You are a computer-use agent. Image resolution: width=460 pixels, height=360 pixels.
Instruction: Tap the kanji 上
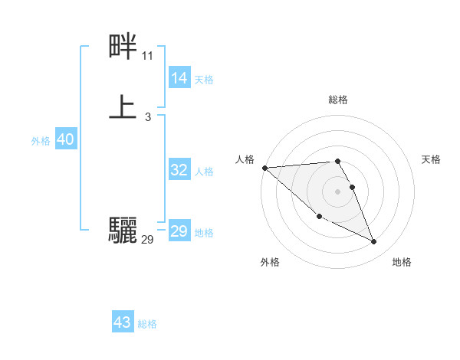(123, 106)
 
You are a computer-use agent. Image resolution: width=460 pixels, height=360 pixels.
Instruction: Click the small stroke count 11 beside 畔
(147, 56)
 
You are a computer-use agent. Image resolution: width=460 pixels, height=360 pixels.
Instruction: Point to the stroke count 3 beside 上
(147, 116)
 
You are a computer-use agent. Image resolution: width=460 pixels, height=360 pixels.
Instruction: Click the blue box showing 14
(179, 77)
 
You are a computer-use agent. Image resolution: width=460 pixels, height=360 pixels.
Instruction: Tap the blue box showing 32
(179, 170)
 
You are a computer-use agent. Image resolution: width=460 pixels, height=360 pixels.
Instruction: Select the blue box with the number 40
(65, 140)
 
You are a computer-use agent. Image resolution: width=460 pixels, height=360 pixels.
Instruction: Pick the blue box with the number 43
(123, 322)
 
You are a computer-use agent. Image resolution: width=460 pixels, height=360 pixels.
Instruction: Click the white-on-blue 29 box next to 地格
(179, 231)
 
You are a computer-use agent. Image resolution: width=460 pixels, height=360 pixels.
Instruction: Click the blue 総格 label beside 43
(147, 324)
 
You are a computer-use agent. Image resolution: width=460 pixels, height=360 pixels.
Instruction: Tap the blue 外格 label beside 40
(41, 141)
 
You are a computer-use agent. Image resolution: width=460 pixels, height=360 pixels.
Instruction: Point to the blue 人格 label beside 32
(204, 172)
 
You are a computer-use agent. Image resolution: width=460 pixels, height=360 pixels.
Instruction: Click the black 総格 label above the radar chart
(337, 100)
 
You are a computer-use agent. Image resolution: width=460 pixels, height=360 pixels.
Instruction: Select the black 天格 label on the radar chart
(431, 159)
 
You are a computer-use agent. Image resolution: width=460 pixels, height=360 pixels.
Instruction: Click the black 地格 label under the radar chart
(402, 262)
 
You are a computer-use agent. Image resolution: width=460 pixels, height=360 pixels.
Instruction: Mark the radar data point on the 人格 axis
(264, 168)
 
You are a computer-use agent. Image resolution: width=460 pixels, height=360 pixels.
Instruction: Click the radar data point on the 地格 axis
(374, 242)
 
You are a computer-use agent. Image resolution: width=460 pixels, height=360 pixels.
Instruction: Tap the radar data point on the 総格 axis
(337, 162)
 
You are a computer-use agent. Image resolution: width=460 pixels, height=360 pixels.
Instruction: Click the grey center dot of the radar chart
(337, 191)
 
